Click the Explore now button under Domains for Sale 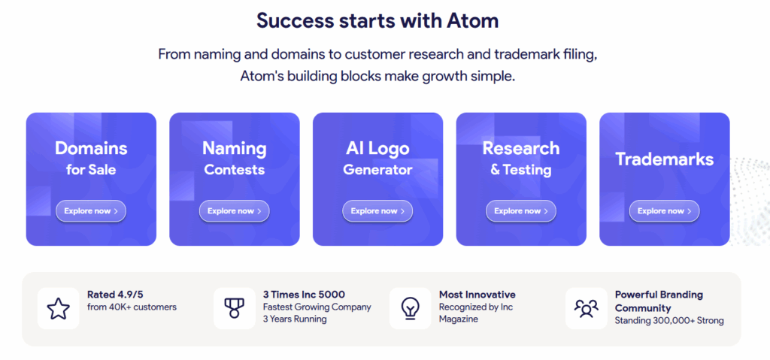(x=91, y=211)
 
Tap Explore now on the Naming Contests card (x=235, y=211)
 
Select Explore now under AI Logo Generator (x=377, y=211)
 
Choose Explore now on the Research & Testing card (x=521, y=211)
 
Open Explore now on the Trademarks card (x=665, y=211)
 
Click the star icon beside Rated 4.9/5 (x=59, y=308)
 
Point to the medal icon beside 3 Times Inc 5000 (x=235, y=308)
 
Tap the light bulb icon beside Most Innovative (x=410, y=309)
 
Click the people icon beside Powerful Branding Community (x=587, y=308)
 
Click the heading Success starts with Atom (x=377, y=20)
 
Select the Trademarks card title (x=665, y=159)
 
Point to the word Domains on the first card (x=91, y=148)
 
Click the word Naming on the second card (x=235, y=148)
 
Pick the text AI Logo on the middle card (x=377, y=148)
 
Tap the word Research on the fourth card (x=521, y=148)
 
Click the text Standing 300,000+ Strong (x=669, y=321)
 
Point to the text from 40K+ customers (x=132, y=307)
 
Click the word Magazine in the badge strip (x=459, y=319)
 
